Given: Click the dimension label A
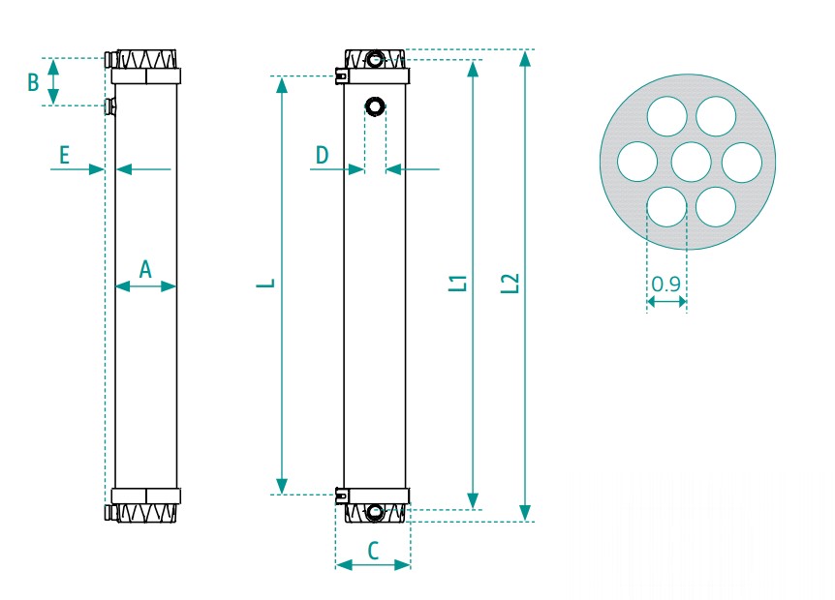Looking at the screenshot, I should coord(145,268).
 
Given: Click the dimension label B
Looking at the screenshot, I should coord(33,82).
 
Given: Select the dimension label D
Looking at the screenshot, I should coord(323,154).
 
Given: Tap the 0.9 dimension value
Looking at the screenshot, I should coord(665,285).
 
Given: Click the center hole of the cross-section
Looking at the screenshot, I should coord(691,162).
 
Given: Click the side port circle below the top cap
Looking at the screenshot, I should coord(374,105).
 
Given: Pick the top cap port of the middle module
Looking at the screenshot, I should coord(376,60).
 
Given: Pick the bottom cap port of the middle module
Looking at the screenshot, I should coord(375,512).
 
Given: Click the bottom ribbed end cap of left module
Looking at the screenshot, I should coord(145,513).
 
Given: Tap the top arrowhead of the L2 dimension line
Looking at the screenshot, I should coord(524,57).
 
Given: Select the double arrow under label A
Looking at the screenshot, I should coord(145,285).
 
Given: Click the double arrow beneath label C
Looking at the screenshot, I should coord(373,565).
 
